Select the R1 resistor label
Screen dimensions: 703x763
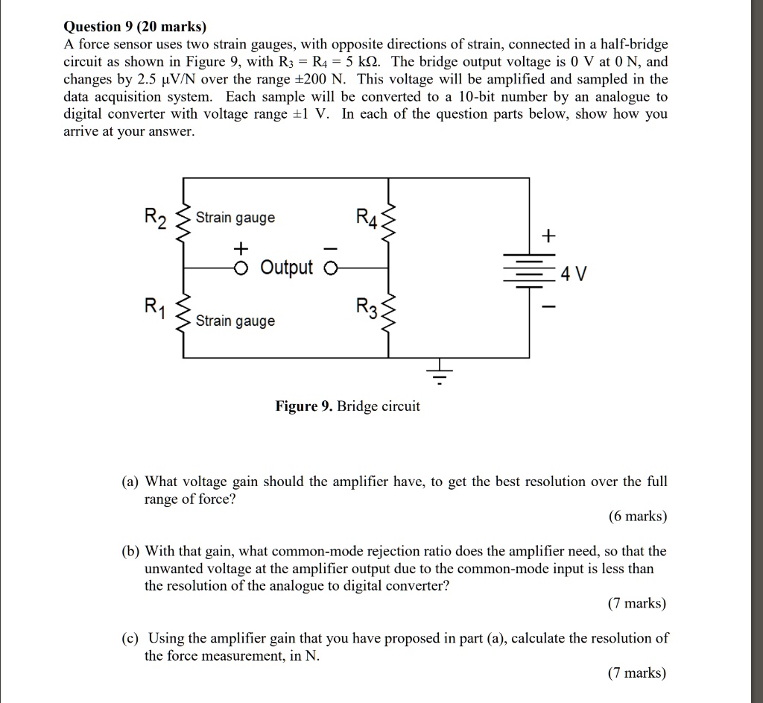154,306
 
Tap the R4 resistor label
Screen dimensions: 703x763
367,218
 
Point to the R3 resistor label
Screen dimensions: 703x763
367,306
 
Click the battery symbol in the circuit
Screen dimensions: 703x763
529,270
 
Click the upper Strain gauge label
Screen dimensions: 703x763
235,218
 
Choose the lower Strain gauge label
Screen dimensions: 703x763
235,321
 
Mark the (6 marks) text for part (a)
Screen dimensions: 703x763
638,517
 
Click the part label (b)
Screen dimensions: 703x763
132,552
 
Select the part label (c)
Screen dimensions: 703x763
132,638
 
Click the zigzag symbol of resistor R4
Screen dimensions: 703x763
388,219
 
